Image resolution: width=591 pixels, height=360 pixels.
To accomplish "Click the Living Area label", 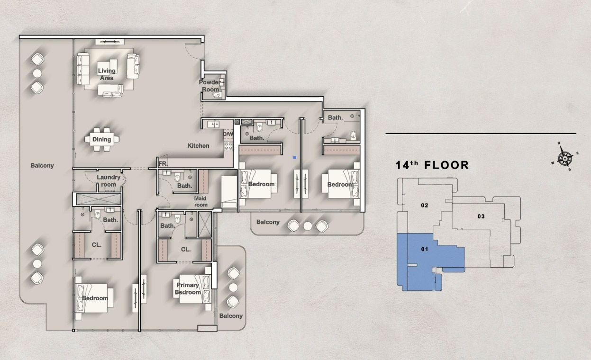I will tap(107, 74).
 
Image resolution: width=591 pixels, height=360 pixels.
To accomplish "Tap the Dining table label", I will tap(101, 139).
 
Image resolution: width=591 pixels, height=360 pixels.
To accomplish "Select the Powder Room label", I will tap(209, 86).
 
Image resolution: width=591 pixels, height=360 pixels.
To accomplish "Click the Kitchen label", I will tap(198, 145).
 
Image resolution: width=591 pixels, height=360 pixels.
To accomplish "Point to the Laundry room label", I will tap(109, 181).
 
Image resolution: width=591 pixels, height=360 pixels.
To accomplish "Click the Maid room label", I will tap(201, 201).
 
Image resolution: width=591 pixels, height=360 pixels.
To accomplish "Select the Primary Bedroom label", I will tap(188, 289).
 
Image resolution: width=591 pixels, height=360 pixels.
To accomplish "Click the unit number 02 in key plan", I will tap(424, 206).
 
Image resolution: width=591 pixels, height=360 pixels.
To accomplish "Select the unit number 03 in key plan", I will tap(481, 216).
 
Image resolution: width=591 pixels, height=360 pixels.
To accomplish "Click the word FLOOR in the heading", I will tap(446, 165).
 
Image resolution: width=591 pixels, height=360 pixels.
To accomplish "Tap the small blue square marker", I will tap(294, 157).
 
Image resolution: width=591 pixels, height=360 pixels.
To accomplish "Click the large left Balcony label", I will tap(42, 166).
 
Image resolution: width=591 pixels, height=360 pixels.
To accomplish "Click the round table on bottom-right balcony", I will tap(233, 288).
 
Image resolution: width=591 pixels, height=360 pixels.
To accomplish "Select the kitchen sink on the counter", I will tap(212, 125).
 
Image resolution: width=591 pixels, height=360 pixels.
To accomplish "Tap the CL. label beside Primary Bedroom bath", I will tap(186, 249).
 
